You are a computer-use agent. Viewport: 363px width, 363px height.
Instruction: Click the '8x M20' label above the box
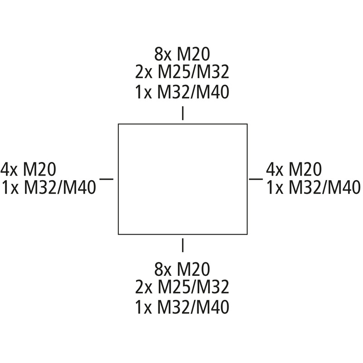pos(182,54)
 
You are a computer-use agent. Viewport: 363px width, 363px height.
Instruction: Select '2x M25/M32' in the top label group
pos(182,72)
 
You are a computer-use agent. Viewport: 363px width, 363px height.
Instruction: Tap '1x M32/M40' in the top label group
pos(182,92)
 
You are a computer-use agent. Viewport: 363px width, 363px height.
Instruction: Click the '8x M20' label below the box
pos(182,269)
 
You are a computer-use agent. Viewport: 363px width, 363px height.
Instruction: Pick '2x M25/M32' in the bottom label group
pos(182,287)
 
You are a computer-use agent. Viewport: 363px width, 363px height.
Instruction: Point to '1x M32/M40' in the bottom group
pos(182,307)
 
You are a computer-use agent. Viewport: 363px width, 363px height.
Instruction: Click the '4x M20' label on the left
pos(28,169)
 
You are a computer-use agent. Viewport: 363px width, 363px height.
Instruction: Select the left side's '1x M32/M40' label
pos(49,187)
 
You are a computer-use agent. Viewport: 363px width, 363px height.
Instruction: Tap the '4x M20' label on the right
pos(294,169)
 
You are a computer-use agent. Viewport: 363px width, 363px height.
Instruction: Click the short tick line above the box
pos(183,113)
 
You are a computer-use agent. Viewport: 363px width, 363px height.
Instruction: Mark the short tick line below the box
pos(183,245)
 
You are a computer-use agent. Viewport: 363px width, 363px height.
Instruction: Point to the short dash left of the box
pos(107,179)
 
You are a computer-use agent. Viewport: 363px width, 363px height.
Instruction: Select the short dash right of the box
pos(256,179)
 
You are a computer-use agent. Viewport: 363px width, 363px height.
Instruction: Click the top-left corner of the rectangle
pos(118,124)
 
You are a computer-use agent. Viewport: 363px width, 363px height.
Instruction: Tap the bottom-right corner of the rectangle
pos(247,234)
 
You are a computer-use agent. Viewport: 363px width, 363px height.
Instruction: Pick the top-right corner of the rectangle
pos(247,124)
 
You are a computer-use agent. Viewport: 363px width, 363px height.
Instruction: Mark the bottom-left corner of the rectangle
pos(118,234)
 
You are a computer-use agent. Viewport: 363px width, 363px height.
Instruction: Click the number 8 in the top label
pos(158,54)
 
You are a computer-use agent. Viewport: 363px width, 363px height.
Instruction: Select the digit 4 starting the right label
pos(270,169)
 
